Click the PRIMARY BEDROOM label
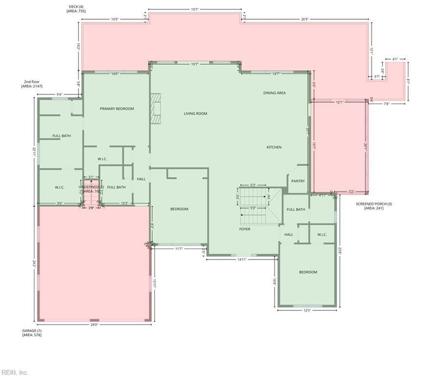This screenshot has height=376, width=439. [116, 109]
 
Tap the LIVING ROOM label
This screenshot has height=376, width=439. [195, 114]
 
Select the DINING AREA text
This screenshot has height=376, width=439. [274, 93]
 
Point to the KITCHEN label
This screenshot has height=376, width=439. [274, 147]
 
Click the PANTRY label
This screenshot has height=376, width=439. [298, 181]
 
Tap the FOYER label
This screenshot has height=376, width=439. [245, 229]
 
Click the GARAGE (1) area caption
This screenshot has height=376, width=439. [32, 333]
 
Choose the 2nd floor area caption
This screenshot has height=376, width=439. [32, 84]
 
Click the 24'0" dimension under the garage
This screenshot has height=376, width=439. [94, 325]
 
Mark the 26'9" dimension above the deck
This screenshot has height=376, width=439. [304, 20]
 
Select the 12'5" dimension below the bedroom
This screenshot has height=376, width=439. [307, 310]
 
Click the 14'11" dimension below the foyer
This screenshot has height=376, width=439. [242, 259]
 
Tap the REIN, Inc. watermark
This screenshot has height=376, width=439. [15, 373]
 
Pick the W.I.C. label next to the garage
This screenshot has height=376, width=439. [60, 187]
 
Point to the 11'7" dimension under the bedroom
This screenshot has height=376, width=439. [179, 249]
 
